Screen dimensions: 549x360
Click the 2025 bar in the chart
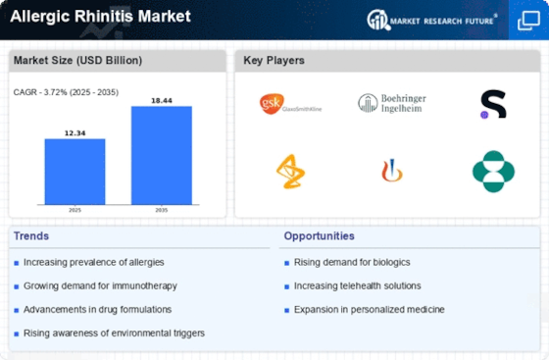75,172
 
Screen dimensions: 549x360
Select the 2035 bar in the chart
162,155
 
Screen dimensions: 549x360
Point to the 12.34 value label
75,133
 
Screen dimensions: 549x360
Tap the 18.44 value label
162,100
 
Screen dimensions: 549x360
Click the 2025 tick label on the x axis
75,210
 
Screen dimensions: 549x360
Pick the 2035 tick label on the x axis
162,210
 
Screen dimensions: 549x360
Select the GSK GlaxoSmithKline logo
290,104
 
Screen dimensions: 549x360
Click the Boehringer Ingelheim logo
392,103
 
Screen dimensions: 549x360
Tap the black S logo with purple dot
493,104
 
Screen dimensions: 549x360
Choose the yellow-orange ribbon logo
290,172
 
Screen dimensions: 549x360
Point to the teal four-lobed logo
493,172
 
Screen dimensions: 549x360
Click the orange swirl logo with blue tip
392,171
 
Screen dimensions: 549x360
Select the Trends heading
31,236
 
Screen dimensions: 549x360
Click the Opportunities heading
319,236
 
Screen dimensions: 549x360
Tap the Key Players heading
274,60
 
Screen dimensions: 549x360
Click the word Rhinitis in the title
103,16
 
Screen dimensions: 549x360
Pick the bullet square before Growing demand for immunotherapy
16,286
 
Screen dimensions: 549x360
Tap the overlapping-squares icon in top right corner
528,21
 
